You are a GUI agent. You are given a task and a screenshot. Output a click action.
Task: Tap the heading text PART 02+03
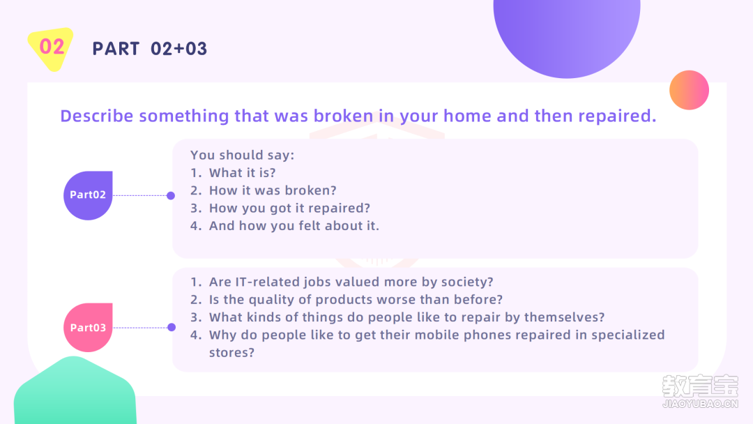[150, 49]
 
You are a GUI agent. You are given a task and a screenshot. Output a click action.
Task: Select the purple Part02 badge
[88, 195]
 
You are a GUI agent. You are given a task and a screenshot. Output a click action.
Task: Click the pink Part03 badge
[88, 328]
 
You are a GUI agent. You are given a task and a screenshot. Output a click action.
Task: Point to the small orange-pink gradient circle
[689, 90]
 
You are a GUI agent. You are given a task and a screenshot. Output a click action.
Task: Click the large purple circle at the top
[567, 33]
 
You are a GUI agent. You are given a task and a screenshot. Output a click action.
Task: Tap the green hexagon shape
[75, 391]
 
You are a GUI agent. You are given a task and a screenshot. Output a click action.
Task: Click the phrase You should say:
[242, 155]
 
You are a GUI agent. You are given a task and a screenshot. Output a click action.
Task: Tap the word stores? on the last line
[231, 352]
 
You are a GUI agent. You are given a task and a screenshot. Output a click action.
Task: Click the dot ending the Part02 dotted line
[171, 195]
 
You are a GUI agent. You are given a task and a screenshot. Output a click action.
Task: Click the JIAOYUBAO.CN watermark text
[700, 404]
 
